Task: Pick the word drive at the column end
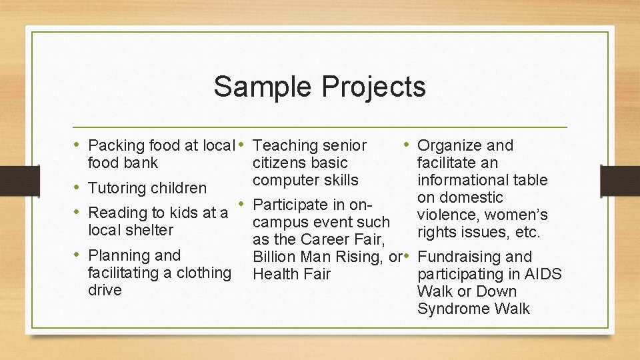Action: (x=105, y=290)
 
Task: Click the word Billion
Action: (x=275, y=257)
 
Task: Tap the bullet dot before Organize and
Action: (x=406, y=145)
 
